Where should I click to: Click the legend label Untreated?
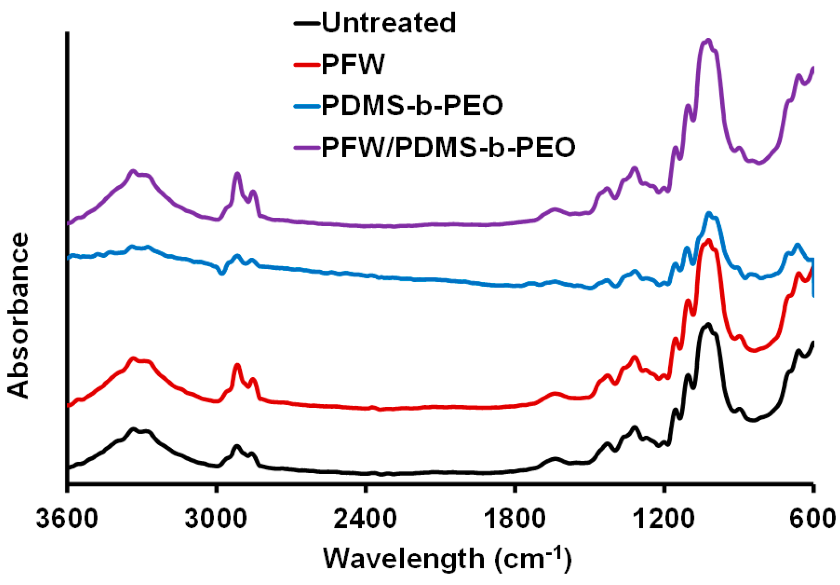(x=388, y=23)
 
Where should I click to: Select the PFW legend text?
(x=353, y=65)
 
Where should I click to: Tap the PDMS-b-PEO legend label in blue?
(x=412, y=106)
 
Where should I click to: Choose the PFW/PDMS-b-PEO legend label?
(x=448, y=147)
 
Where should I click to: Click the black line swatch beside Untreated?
(x=307, y=23)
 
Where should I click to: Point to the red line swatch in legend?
(x=307, y=65)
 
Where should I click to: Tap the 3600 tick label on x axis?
(x=67, y=519)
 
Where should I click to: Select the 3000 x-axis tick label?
(x=216, y=519)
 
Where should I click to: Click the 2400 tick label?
(x=365, y=519)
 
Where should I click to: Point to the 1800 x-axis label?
(x=514, y=519)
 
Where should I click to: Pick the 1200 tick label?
(x=663, y=519)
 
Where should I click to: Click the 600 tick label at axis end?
(x=813, y=519)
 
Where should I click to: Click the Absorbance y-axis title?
(x=19, y=315)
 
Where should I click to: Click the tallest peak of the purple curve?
(x=709, y=40)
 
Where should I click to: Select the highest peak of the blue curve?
(x=709, y=213)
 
